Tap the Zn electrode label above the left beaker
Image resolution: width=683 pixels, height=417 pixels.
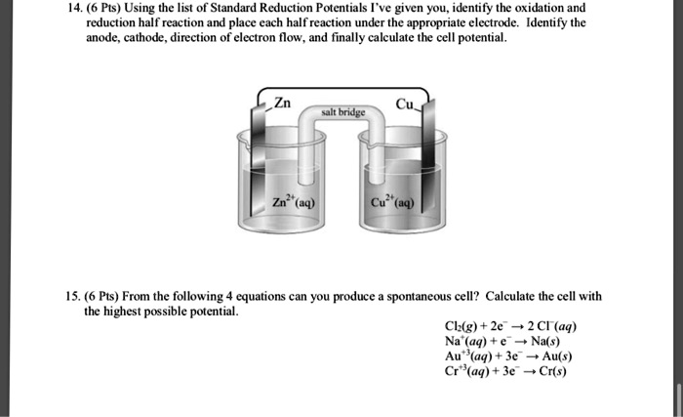tap(281, 104)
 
